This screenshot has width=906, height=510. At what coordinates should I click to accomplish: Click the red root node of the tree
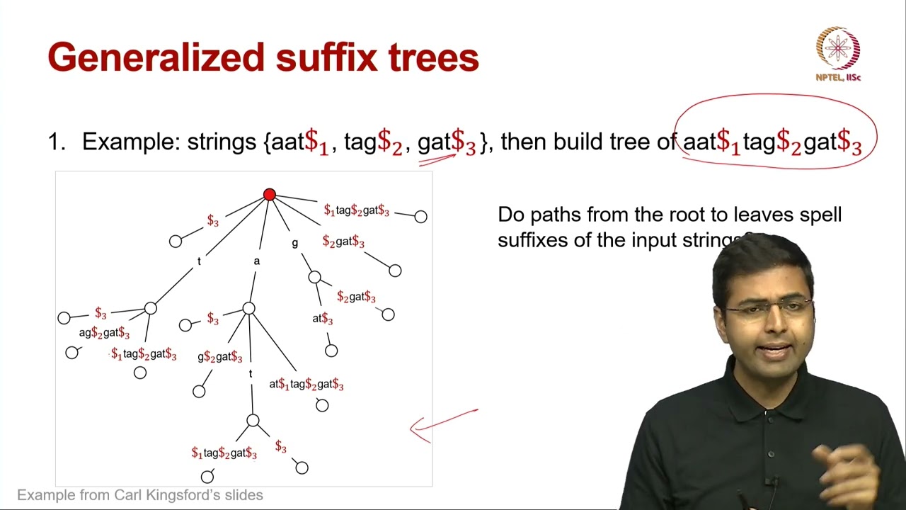[x=269, y=194]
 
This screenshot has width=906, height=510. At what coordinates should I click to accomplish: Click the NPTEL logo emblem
[x=838, y=48]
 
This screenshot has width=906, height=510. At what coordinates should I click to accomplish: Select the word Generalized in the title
[x=156, y=57]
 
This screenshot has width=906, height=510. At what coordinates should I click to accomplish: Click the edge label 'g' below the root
[x=295, y=243]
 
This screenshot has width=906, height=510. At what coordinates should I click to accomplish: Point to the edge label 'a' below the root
[x=256, y=261]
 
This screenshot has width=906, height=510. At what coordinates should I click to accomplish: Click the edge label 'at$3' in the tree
[x=323, y=319]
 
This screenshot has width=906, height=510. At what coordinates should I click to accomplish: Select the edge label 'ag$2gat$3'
[x=104, y=333]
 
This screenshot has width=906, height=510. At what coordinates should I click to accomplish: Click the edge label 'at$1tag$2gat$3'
[x=306, y=385]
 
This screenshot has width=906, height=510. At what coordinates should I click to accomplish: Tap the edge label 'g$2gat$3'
[x=219, y=357]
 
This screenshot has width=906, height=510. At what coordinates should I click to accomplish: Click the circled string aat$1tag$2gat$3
[x=772, y=142]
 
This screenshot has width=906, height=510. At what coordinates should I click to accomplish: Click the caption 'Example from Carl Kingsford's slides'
[x=140, y=495]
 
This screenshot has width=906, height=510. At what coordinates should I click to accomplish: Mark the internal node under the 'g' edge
[x=315, y=277]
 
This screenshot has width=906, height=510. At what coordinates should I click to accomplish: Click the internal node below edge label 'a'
[x=248, y=308]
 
